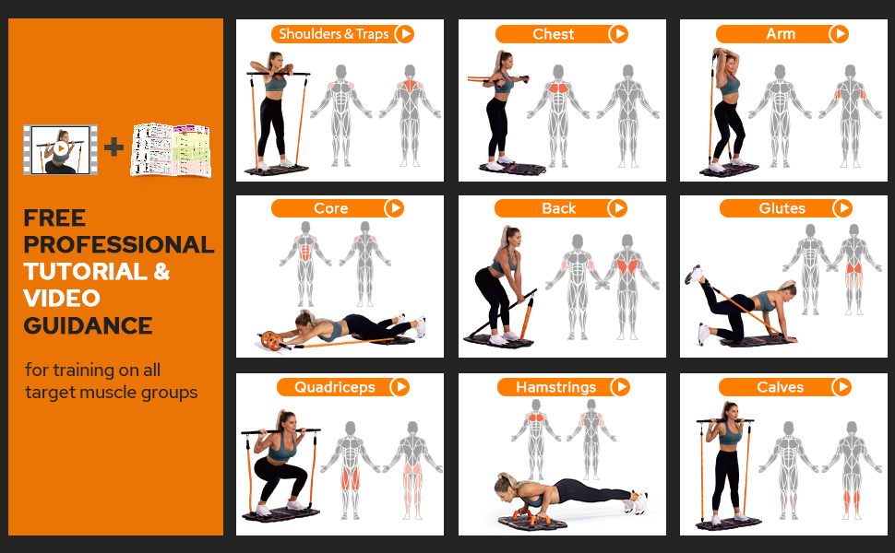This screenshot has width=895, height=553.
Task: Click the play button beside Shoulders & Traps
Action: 404,34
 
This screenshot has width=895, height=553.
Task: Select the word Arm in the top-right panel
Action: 781,34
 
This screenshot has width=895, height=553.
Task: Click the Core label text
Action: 330,208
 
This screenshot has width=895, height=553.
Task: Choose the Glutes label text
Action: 782,208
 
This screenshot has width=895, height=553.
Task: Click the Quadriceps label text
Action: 334,387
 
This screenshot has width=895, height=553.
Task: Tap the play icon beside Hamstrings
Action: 621,387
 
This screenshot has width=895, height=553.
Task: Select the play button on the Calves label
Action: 841,387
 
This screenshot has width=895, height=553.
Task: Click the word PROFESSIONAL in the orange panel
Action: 118,245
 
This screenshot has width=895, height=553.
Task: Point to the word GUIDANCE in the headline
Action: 88,325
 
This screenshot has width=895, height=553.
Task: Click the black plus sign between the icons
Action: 113,147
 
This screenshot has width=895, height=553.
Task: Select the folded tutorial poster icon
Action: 171,149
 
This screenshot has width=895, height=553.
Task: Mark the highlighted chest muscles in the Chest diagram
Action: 559,90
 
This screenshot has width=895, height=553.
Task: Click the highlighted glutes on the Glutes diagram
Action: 854,268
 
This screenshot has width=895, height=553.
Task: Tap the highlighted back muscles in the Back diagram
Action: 627,266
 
